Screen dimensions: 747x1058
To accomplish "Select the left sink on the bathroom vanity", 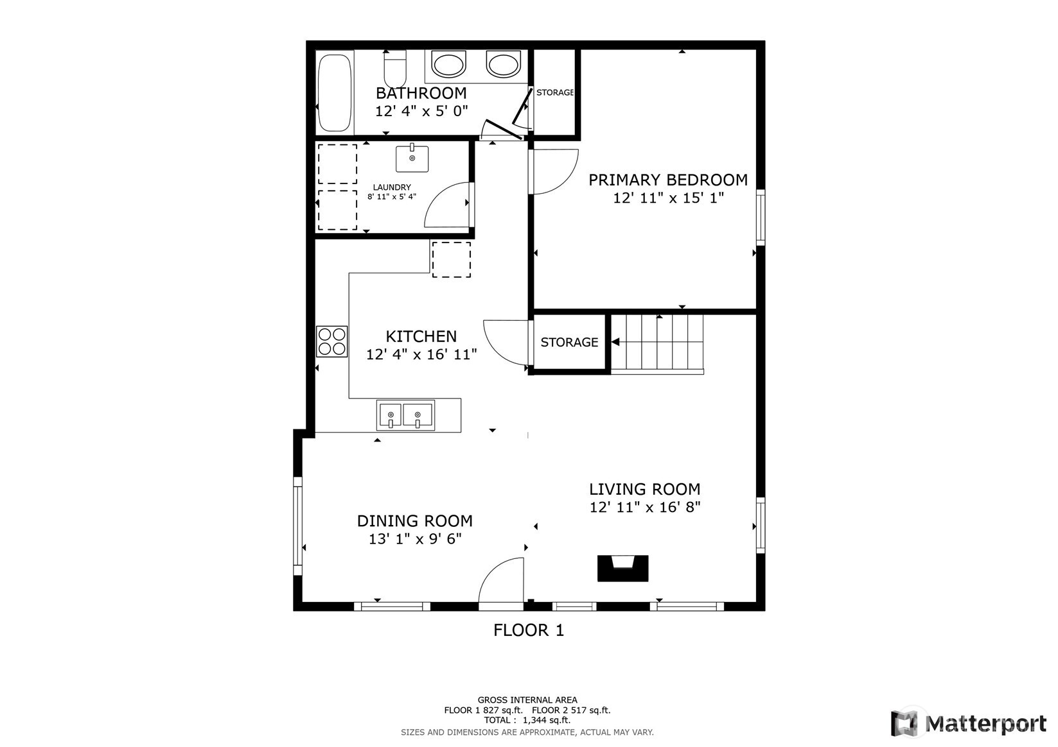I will tap(448, 65).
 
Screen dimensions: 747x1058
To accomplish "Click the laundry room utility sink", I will tap(412, 159).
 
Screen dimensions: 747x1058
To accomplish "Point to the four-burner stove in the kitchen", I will tap(332, 341).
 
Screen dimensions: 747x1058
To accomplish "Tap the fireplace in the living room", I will tap(622, 568).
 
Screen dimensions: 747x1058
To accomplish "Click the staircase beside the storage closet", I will tap(657, 343).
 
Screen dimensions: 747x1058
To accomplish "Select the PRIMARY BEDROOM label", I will tap(668, 180).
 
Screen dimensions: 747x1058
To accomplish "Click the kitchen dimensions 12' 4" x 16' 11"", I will tap(421, 354).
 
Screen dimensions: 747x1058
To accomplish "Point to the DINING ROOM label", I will tap(415, 521).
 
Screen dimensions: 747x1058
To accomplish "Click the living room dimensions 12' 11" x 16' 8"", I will tap(645, 507).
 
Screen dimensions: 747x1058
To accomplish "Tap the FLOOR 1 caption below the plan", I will tap(529, 630).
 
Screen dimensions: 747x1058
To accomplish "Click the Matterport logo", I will tap(969, 723).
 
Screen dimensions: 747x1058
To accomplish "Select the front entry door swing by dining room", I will tap(502, 582).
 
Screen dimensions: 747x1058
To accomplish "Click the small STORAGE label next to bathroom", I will tap(555, 92).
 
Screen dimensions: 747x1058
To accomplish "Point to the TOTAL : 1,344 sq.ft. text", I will tap(527, 720).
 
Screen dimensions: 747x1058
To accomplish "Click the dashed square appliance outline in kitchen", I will tap(451, 259).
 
